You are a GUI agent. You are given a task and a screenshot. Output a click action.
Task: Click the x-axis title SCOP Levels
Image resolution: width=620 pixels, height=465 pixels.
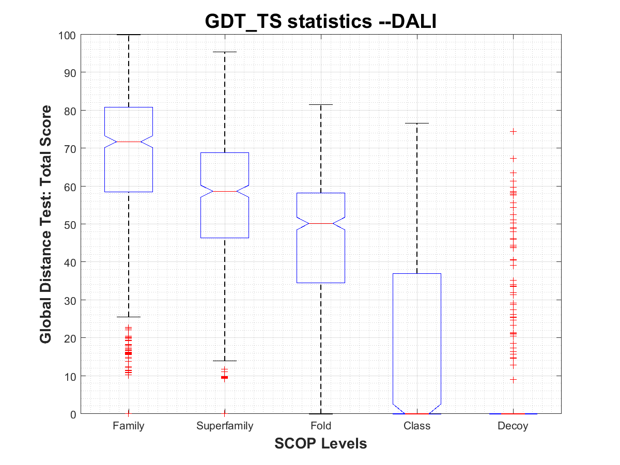[321, 443]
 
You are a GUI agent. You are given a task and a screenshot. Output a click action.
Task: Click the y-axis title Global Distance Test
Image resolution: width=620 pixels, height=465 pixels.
[45, 224]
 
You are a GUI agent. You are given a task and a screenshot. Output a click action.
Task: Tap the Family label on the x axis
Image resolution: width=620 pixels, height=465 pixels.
[129, 426]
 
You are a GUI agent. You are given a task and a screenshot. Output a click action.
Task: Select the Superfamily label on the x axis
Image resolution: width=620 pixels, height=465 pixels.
[225, 426]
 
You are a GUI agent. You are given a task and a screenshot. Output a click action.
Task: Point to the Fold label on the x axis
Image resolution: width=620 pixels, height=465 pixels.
[321, 426]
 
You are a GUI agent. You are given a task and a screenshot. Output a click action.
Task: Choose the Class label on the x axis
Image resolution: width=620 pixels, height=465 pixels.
[417, 426]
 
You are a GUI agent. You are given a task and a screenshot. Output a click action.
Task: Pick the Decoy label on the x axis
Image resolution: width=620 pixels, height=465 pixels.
[513, 426]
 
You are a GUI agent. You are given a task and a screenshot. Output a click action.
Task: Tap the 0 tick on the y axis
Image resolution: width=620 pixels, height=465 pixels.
[74, 414]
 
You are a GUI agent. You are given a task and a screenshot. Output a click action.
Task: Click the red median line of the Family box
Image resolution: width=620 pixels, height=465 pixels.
[129, 142]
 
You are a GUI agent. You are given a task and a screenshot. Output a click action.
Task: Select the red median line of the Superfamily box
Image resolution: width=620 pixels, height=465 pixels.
[225, 191]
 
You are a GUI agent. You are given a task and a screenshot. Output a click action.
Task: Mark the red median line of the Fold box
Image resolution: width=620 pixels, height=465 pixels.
[321, 223]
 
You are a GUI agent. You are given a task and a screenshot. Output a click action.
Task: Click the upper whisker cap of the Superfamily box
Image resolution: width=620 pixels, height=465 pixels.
[225, 52]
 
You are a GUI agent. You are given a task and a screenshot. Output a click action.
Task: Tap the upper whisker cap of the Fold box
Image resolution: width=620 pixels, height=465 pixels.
[321, 105]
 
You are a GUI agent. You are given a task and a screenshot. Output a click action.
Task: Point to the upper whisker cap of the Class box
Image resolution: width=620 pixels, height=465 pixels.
[417, 123]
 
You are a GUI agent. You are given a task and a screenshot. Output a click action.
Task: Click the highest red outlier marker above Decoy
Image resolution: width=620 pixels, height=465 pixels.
[513, 132]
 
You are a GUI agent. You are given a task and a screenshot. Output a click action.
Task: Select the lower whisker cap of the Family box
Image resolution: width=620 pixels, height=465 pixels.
[129, 317]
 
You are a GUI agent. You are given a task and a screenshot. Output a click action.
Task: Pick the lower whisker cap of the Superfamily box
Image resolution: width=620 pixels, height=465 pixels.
[225, 361]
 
